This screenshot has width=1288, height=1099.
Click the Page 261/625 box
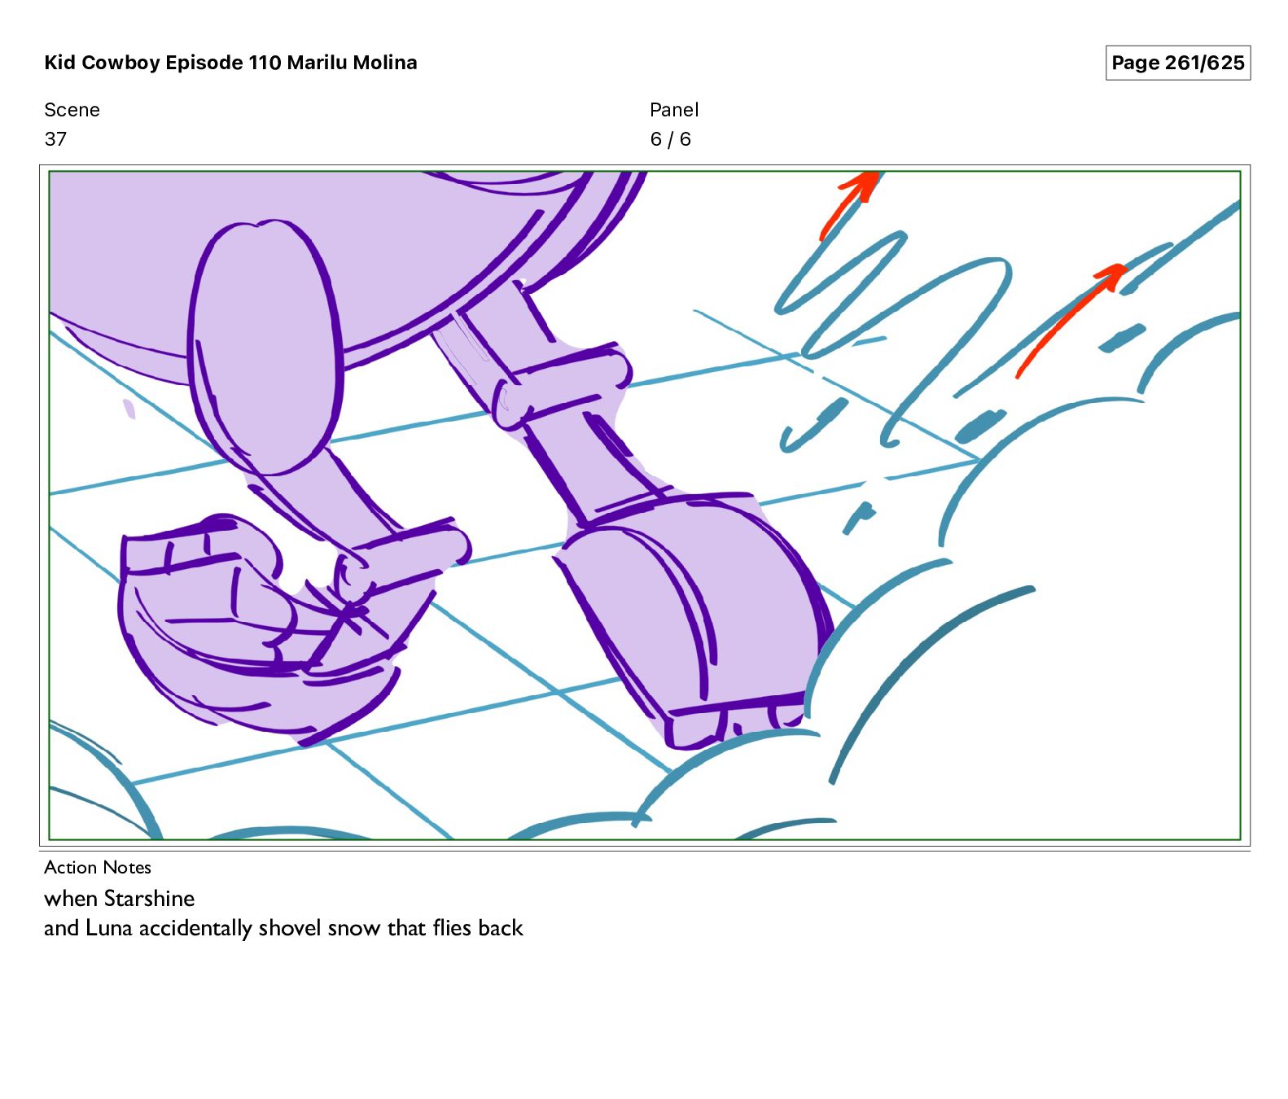pos(1177,63)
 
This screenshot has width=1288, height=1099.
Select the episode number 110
pos(265,63)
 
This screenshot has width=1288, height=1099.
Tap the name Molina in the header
pos(385,63)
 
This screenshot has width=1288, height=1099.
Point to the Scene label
pos(72,110)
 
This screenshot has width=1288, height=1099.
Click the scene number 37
pos(55,139)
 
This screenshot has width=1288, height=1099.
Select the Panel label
pos(674,110)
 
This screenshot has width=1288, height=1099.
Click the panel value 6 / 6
pos(670,139)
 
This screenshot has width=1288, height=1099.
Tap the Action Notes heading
pos(98,867)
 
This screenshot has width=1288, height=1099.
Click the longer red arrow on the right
pos(1070,320)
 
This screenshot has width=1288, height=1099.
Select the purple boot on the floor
pos(692,619)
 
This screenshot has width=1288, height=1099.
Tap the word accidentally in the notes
pos(195,928)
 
